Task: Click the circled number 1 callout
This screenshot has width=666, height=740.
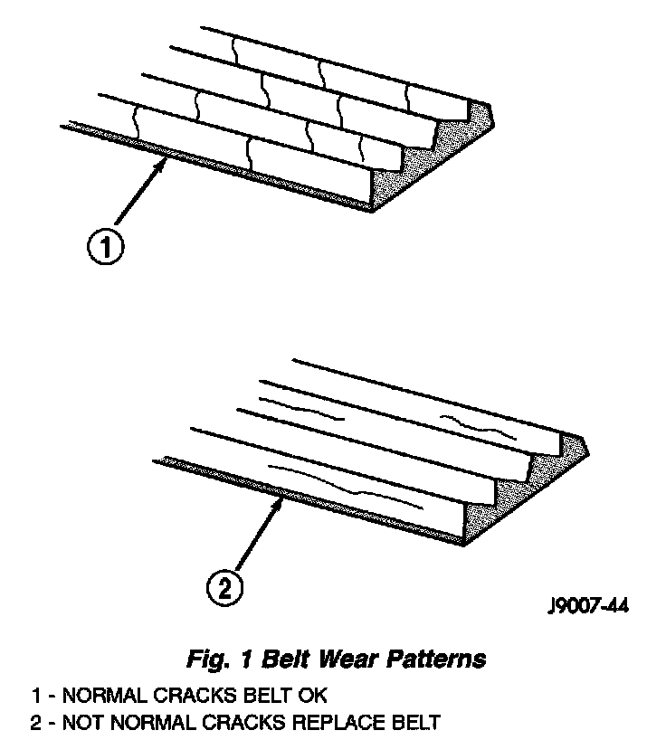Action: click(x=106, y=247)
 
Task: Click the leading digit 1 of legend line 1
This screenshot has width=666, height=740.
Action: click(x=36, y=697)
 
